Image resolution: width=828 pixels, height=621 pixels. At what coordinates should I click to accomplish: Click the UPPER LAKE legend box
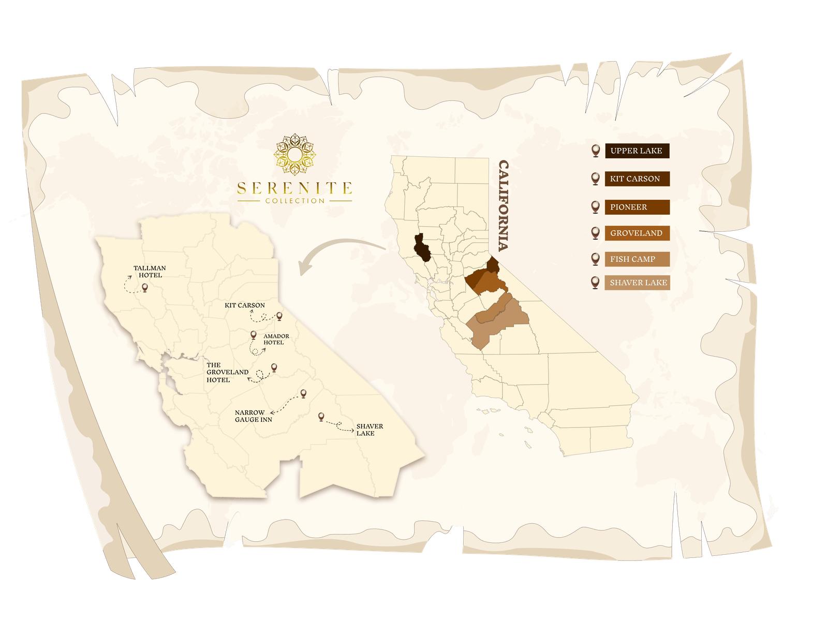(637, 151)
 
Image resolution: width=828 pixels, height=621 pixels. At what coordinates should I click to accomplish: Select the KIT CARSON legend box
(637, 179)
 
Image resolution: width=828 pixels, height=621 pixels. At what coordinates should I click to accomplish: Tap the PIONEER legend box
(637, 207)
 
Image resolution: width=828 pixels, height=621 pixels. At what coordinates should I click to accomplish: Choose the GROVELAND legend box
(637, 233)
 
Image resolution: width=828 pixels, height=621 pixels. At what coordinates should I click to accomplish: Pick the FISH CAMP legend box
(637, 259)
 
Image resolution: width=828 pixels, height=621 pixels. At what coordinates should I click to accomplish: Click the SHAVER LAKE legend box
(637, 283)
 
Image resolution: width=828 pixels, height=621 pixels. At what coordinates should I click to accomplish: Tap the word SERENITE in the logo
(294, 188)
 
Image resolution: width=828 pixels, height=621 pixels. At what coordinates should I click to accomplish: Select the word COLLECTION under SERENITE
(294, 201)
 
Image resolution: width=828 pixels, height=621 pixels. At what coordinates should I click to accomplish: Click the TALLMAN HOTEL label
(150, 272)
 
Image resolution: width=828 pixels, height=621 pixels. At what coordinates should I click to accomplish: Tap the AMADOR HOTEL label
(276, 339)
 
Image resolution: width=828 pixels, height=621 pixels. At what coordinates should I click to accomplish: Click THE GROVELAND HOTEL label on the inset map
(227, 372)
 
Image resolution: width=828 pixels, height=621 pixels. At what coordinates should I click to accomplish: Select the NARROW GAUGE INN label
(253, 416)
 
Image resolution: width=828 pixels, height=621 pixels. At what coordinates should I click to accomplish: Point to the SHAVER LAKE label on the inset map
(369, 430)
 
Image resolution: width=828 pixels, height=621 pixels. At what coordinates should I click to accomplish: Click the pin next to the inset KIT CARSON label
(279, 315)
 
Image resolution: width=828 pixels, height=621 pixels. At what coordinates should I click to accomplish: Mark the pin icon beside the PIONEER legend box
(595, 206)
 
